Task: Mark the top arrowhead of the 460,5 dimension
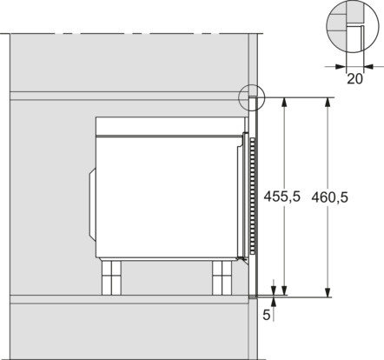pyautogui.click(x=327, y=101)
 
